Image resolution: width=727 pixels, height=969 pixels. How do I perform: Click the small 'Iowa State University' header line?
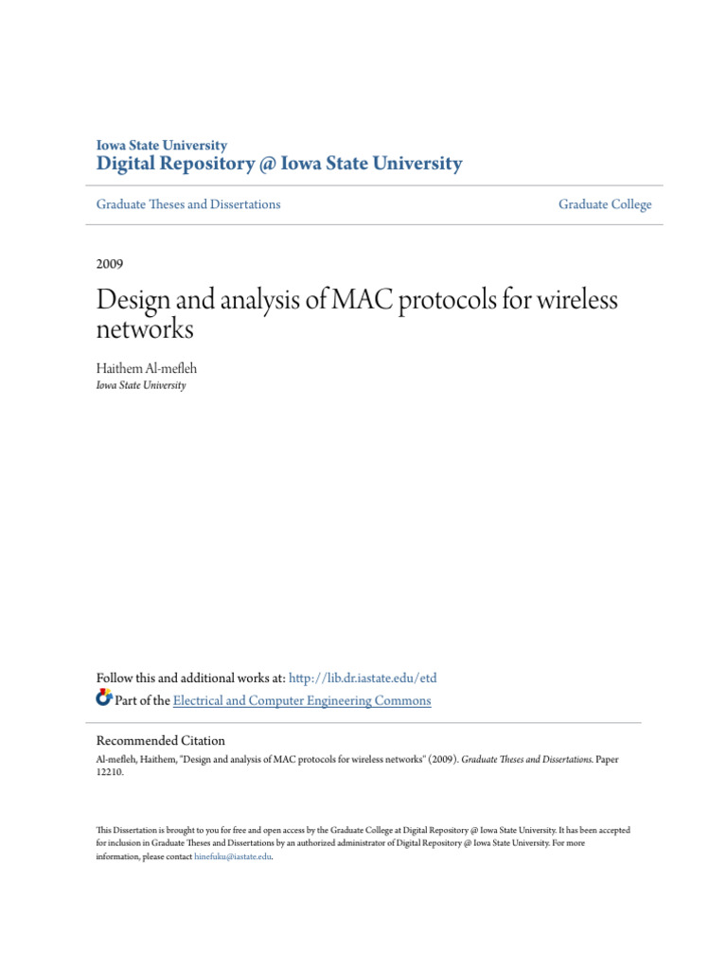pos(162,146)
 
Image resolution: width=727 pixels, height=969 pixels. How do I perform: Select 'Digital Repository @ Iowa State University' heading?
pos(279,165)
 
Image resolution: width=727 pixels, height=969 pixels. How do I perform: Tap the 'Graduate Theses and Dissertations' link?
pos(188,204)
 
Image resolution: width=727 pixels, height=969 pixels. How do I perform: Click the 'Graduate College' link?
pos(605,204)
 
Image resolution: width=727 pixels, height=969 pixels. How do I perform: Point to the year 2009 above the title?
pos(110,264)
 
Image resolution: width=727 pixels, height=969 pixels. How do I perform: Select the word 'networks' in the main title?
pos(145,329)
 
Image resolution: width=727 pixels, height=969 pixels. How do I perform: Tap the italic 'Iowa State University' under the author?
pos(141,385)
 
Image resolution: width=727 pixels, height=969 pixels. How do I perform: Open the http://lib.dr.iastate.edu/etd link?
pos(363,678)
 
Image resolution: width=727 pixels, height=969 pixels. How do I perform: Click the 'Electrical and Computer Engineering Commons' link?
pos(302,701)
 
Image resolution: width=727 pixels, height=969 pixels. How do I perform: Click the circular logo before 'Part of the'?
pos(104,699)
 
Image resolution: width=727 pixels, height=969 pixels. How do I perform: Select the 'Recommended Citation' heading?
pos(161,741)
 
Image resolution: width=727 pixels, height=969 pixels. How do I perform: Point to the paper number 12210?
pos(110,772)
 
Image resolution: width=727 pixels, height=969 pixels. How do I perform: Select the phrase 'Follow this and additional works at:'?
pos(190,678)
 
